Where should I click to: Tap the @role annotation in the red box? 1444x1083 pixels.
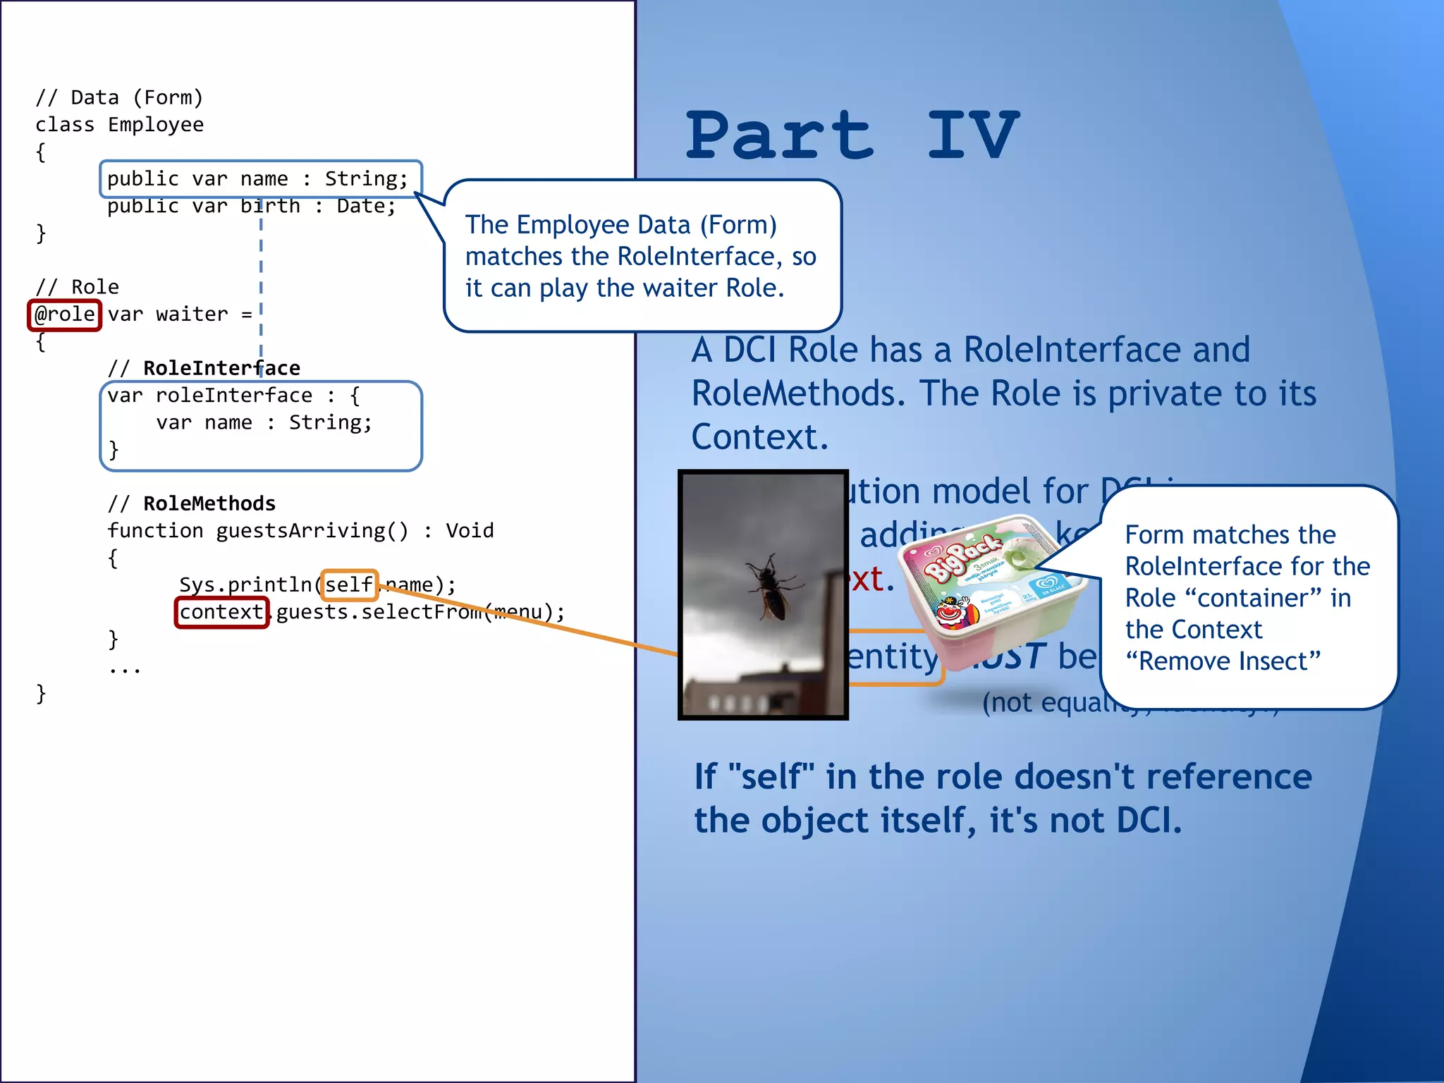(x=65, y=314)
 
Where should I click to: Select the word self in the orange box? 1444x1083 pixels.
(x=349, y=585)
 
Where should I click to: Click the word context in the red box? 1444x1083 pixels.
(x=221, y=612)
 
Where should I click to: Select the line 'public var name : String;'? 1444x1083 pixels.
(x=258, y=179)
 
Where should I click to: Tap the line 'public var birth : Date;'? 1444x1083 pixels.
(x=252, y=207)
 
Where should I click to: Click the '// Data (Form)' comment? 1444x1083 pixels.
(x=119, y=97)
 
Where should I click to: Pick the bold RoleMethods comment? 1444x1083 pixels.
(x=209, y=503)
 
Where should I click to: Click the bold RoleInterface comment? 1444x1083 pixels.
(x=221, y=368)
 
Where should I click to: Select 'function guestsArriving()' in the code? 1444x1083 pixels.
(x=258, y=531)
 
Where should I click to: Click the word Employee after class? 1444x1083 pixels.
(x=156, y=125)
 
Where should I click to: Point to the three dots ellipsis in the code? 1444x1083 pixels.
(x=125, y=668)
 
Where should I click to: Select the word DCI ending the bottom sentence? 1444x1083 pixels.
(x=1142, y=821)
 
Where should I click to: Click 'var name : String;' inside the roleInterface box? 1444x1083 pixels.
(x=264, y=423)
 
